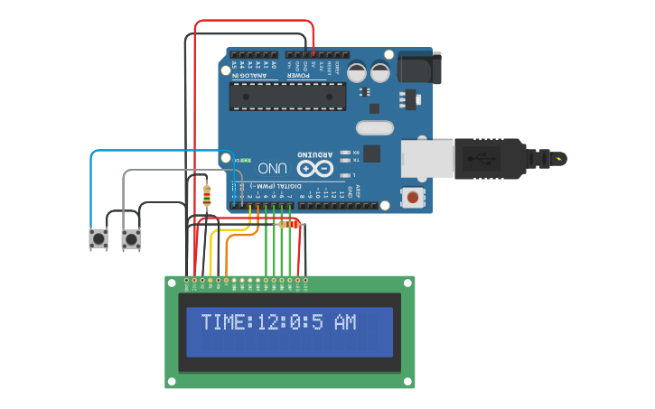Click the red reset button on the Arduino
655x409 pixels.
point(413,196)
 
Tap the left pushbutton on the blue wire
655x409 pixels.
point(98,239)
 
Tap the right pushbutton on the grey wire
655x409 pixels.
point(131,239)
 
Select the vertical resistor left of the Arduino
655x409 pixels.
point(207,196)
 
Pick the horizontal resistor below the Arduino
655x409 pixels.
point(288,224)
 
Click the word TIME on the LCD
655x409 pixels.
point(222,322)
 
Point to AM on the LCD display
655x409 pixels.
point(344,322)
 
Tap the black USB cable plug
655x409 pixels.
point(488,158)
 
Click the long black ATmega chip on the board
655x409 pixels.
point(287,96)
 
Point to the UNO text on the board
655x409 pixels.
point(273,169)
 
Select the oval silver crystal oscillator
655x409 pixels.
point(375,128)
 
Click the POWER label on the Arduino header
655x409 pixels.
point(299,76)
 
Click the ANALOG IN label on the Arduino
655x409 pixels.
point(250,76)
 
